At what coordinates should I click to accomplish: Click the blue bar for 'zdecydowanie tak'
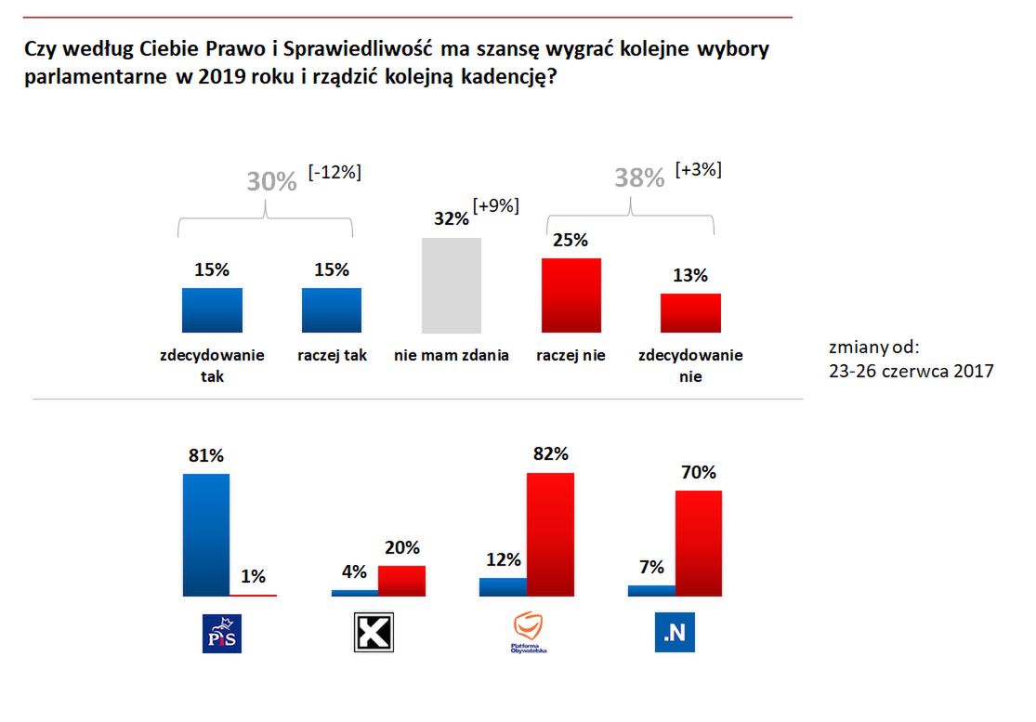point(212,310)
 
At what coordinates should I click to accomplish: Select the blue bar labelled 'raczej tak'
point(332,310)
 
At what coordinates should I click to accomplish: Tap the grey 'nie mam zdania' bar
point(452,285)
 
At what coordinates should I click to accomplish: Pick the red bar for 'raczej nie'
point(571,295)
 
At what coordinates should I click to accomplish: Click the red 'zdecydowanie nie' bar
point(690,313)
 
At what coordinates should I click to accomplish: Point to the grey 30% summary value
point(271,182)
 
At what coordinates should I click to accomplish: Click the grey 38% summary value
point(639,178)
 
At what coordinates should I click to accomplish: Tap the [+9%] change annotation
point(495,206)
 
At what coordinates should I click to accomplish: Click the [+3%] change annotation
point(699,169)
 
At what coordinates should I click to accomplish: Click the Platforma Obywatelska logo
point(530,632)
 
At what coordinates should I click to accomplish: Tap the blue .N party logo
point(675,633)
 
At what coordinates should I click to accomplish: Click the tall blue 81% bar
point(206,534)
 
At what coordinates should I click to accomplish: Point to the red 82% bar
point(551,534)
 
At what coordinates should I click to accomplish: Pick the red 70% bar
point(699,543)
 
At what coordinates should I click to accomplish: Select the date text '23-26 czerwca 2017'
point(911,372)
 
